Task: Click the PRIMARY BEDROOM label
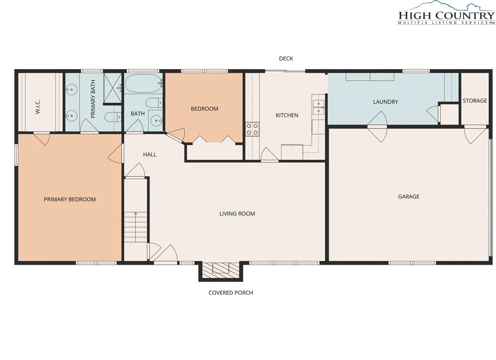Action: tap(70, 199)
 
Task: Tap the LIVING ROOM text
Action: tap(237, 214)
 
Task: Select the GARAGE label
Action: tap(409, 196)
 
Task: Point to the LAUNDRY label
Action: tap(385, 102)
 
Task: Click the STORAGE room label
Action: tap(475, 101)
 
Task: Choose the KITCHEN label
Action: tap(287, 115)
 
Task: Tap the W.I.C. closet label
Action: tap(38, 107)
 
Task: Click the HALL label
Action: tap(150, 154)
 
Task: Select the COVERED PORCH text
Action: tap(231, 293)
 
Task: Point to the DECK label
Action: tap(286, 59)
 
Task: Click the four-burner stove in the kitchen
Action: tap(253, 129)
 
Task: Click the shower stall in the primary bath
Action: tap(113, 89)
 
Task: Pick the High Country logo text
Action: tap(446, 15)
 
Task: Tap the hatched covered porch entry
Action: tap(220, 270)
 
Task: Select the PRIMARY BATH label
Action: tap(93, 99)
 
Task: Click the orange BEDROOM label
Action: tap(204, 109)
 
